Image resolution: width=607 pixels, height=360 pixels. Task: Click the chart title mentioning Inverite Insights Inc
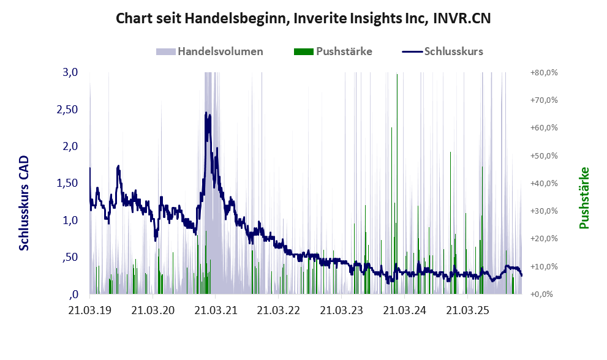coord(303,19)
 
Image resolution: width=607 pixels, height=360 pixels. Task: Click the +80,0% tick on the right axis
coord(543,72)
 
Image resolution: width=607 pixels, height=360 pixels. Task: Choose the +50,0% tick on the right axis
coord(543,156)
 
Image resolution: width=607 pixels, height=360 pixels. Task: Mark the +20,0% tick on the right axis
coord(543,239)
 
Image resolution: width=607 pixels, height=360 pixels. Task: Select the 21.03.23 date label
coord(341,310)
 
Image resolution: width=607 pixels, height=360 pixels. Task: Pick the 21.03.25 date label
coord(467,310)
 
